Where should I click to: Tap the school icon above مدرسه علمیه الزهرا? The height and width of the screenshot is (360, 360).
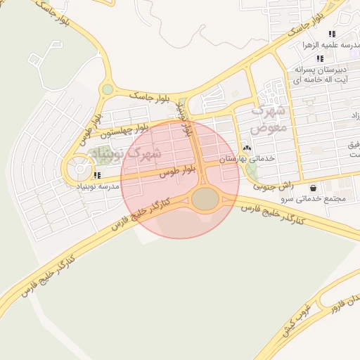tap(331, 34)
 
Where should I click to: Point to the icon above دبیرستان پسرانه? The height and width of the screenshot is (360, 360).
tap(320, 59)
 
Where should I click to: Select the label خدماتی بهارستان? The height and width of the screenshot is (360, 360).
tap(247, 160)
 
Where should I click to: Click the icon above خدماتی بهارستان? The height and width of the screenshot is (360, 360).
tap(247, 148)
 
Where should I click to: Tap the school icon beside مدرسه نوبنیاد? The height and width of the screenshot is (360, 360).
tap(97, 174)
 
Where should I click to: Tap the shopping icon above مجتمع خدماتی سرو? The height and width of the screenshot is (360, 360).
tap(313, 188)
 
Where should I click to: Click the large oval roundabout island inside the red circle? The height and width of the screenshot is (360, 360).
tap(205, 200)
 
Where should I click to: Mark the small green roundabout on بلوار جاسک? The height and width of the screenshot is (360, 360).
tap(107, 89)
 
